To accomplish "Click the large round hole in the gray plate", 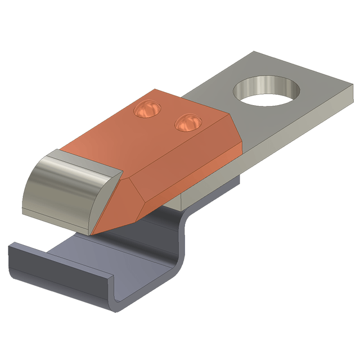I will pos(265,93).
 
